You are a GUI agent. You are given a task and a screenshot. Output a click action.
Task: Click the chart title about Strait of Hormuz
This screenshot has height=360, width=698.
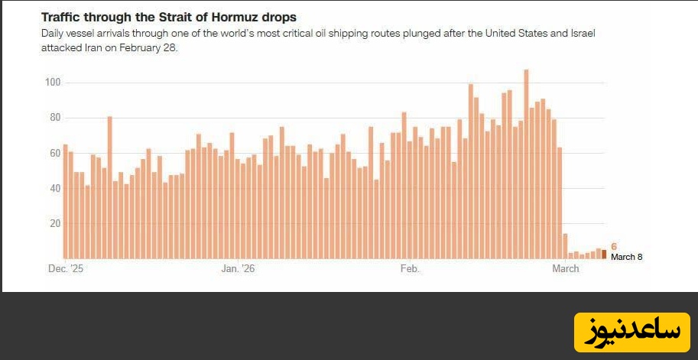(x=168, y=17)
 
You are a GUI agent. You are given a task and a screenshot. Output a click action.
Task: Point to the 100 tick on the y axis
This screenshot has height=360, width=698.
(x=53, y=83)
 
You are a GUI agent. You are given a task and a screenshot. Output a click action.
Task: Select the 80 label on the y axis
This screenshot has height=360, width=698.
(x=54, y=118)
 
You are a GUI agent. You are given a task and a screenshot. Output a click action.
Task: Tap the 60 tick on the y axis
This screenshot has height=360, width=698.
(x=54, y=153)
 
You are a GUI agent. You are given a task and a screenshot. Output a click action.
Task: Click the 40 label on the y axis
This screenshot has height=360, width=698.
(x=54, y=188)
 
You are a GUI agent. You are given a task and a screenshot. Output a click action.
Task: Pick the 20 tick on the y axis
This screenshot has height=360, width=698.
(x=54, y=224)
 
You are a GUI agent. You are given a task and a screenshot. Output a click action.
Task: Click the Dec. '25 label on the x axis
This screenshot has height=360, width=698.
(x=64, y=268)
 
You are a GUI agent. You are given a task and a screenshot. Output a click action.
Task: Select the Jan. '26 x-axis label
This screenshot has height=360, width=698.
(x=238, y=268)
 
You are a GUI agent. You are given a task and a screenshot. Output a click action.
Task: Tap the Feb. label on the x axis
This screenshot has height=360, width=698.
(x=410, y=268)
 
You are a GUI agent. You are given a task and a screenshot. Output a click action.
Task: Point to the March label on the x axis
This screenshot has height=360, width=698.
(x=566, y=268)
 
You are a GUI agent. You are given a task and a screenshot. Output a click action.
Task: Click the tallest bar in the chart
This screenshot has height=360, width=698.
(x=526, y=164)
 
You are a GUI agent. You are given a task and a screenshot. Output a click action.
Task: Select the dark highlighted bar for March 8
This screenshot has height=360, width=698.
(x=604, y=254)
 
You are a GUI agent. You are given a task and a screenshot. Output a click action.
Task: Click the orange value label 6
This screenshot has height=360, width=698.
(x=614, y=246)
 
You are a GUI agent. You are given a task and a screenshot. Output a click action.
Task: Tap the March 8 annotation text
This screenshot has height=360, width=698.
(x=627, y=257)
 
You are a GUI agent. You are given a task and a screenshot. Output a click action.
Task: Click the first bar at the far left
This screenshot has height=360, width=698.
(x=65, y=201)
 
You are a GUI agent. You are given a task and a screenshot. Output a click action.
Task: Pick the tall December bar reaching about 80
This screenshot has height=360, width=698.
(x=109, y=187)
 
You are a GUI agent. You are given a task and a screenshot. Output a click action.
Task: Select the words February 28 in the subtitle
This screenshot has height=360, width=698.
(x=155, y=47)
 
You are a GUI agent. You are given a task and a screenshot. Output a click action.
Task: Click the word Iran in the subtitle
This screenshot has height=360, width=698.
(x=85, y=47)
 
